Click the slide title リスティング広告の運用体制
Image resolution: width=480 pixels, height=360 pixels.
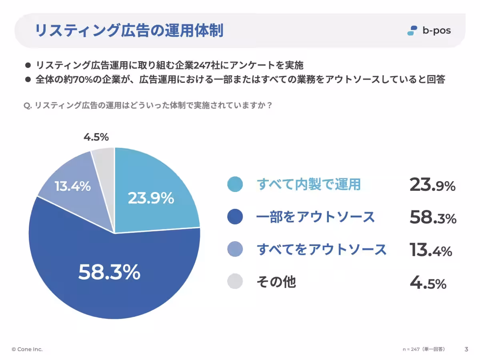pos(129,31)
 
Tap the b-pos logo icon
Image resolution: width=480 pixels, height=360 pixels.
pos(412,30)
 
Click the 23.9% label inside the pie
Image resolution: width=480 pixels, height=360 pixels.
pos(151,198)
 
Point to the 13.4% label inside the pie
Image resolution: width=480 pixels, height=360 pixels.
pos(72,186)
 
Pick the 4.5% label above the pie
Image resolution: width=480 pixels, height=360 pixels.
pos(96,137)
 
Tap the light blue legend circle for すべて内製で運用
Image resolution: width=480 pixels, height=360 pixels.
pos(235,184)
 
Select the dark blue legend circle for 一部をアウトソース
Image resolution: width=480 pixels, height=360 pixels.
pos(235,217)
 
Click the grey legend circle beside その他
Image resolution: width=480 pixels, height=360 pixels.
pos(235,281)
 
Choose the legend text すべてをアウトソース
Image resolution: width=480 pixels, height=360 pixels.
pos(322,250)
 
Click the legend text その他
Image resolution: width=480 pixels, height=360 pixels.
pos(276,282)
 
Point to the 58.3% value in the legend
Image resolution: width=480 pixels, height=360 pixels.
pos(432,217)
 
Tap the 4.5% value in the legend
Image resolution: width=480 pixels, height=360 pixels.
pos(428,282)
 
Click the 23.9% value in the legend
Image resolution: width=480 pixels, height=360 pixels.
pos(432,185)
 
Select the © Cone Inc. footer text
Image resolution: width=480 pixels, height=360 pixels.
pos(27,349)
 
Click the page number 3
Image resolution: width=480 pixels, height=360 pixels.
pos(466,349)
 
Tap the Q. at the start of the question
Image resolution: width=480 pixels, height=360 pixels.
pos(28,106)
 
